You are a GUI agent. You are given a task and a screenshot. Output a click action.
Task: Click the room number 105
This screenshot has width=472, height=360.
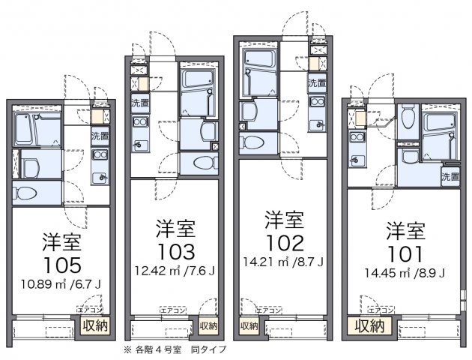pos(60,265)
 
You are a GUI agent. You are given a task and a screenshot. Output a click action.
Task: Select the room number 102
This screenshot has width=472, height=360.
pos(283,242)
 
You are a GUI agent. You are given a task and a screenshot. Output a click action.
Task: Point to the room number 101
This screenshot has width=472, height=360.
pos(405,250)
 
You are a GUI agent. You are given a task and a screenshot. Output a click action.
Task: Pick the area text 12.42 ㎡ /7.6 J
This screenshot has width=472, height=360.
pos(175,271)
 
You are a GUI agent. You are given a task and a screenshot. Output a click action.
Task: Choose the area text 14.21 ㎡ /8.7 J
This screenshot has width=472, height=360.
pos(284,262)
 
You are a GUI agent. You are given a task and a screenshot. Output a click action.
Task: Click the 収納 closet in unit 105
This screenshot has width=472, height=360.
pos(96,326)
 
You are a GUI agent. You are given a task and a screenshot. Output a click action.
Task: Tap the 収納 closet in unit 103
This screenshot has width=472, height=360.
pos(208,326)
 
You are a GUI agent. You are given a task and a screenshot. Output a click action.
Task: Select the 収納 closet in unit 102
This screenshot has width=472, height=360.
pos(249,326)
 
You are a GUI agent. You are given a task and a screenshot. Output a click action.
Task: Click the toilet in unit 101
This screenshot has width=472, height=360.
pos(408,117)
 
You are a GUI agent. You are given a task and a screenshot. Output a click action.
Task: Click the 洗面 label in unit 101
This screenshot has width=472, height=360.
pos(450,178)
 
